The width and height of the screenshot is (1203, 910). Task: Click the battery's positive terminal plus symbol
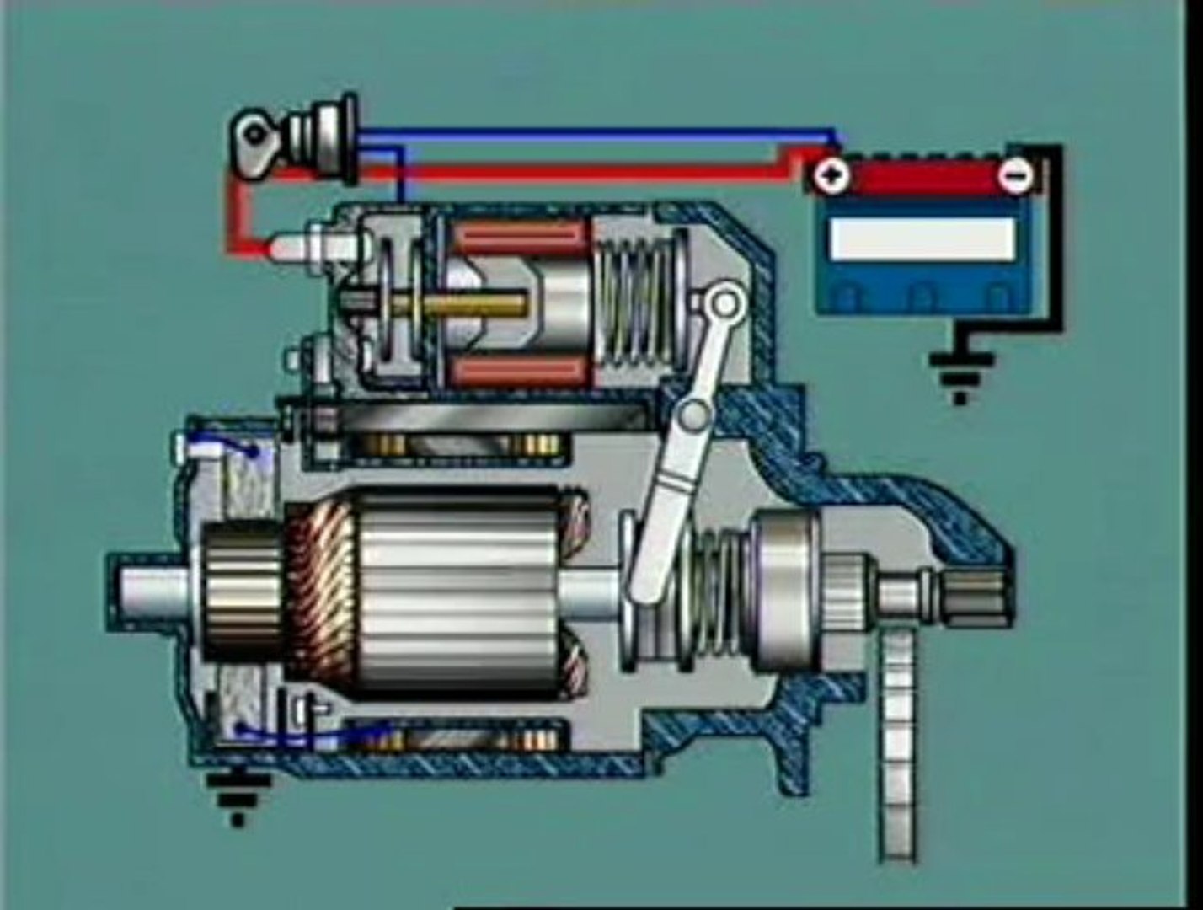tap(832, 176)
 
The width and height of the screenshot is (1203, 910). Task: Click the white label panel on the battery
tap(922, 238)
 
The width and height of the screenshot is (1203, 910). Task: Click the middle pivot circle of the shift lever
tap(695, 414)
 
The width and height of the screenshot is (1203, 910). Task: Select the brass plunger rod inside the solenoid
tap(472, 308)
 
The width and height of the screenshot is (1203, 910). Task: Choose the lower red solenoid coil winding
tap(519, 370)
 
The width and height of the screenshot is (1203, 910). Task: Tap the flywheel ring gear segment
tap(898, 741)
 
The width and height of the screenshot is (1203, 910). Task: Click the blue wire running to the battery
tap(590, 133)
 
